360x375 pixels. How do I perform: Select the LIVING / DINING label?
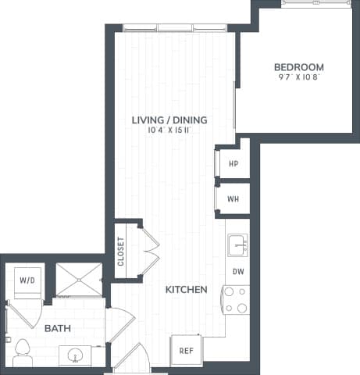169,120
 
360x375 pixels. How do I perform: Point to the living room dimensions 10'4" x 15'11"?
169,130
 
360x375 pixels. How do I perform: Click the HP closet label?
233,164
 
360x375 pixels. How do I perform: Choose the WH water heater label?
233,198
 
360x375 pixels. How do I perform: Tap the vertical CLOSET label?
122,252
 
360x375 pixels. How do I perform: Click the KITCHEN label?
186,290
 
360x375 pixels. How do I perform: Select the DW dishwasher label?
237,272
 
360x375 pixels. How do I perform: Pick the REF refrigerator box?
187,351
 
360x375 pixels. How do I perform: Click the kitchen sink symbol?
237,247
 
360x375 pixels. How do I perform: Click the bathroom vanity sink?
76,355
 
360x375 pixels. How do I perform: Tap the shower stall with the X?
78,279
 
